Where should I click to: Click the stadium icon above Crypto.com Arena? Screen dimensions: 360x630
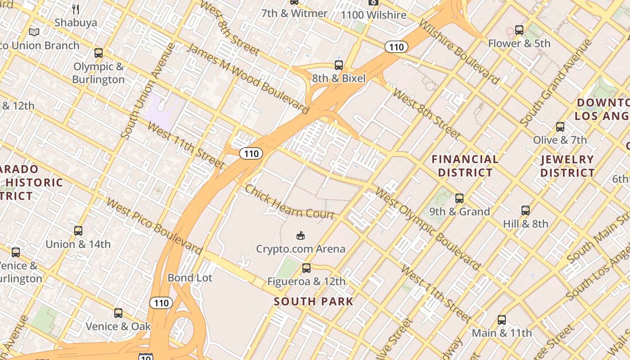tap(300, 235)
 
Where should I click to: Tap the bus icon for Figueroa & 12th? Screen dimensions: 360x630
tap(306, 268)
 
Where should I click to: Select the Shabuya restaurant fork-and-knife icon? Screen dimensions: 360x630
tap(76, 9)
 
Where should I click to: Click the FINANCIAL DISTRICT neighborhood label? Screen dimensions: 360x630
tap(465, 166)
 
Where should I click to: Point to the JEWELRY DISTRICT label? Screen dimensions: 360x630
tap(567, 166)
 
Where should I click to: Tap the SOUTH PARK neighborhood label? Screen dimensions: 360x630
tap(314, 301)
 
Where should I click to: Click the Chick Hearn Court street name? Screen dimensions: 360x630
tap(289, 202)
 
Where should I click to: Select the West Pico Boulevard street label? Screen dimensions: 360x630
tap(154, 225)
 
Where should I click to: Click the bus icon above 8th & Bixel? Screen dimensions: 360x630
tap(339, 65)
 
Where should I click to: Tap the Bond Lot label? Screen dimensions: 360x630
tap(189, 278)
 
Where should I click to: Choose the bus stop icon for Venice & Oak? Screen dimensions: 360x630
tap(118, 313)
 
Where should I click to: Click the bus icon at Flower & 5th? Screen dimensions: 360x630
tap(519, 30)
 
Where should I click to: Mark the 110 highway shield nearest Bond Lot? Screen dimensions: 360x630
tap(161, 303)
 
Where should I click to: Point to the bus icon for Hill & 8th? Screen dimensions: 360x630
tap(526, 210)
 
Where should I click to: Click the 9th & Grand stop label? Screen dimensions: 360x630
tap(459, 211)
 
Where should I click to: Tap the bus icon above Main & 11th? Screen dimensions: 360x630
tap(502, 320)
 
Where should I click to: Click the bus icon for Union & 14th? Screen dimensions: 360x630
tap(78, 231)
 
